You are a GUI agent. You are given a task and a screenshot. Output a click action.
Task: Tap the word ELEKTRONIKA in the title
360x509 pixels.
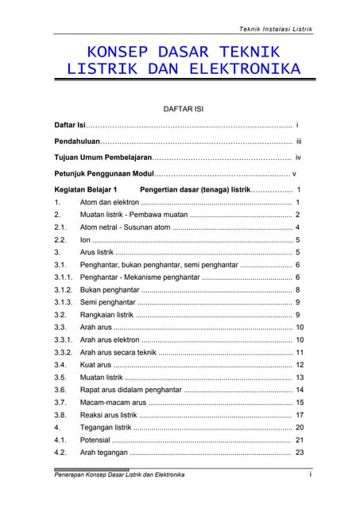(x=245, y=69)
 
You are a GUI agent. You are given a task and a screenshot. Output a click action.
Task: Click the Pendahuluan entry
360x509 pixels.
(x=77, y=141)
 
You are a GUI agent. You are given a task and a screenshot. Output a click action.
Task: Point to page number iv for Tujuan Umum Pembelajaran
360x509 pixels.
(x=298, y=157)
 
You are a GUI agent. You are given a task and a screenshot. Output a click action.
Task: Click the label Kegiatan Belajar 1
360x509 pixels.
(x=86, y=190)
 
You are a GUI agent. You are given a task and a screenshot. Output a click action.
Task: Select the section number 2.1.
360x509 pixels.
(x=60, y=227)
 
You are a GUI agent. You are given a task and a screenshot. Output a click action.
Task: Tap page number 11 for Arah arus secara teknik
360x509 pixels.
(x=300, y=352)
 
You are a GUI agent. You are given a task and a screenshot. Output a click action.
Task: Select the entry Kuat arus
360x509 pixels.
(x=96, y=365)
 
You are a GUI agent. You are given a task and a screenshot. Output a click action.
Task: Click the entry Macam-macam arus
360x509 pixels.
(x=114, y=402)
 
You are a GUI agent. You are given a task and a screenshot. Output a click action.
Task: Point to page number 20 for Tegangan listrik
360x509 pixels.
(x=300, y=427)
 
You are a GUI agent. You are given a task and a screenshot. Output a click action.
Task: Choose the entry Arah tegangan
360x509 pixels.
(x=103, y=453)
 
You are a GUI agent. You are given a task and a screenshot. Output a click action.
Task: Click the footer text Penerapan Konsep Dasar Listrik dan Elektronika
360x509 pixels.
(x=119, y=475)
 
